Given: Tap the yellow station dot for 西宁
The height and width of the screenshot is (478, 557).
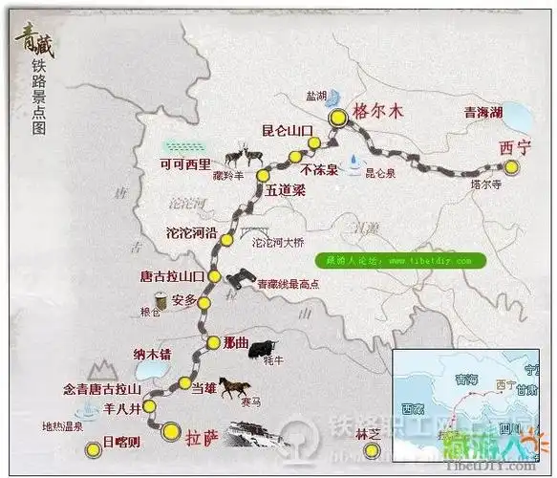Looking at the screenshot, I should pyautogui.click(x=514, y=168).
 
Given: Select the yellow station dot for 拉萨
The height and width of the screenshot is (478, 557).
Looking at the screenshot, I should pyautogui.click(x=170, y=430).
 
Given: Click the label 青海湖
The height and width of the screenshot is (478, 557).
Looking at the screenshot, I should pyautogui.click(x=482, y=113).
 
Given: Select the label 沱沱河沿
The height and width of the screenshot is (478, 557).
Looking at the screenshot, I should pyautogui.click(x=193, y=232).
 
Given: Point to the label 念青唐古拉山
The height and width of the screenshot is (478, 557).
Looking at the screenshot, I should pyautogui.click(x=101, y=389).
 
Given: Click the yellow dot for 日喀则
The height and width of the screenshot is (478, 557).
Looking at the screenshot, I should pyautogui.click(x=92, y=449).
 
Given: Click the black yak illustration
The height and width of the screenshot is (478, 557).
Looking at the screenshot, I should pyautogui.click(x=264, y=350).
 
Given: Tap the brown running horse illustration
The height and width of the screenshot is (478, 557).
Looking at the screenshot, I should pyautogui.click(x=234, y=387).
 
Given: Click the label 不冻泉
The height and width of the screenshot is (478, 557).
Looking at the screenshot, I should pyautogui.click(x=319, y=170).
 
